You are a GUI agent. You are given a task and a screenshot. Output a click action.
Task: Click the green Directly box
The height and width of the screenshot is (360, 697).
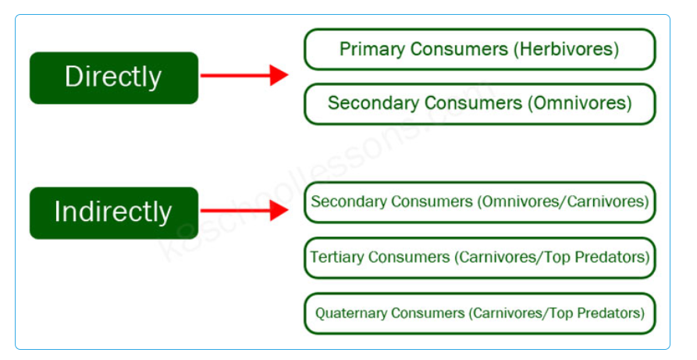[113, 77]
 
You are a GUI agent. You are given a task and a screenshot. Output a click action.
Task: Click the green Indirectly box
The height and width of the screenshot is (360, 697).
[113, 212]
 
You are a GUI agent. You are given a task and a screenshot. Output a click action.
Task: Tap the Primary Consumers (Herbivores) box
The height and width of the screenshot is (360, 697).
[479, 49]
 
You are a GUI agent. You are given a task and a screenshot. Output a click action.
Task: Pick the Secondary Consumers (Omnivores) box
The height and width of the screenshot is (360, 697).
[479, 103]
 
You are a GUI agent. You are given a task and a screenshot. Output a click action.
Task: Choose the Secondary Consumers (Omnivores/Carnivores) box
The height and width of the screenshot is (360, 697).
[479, 201]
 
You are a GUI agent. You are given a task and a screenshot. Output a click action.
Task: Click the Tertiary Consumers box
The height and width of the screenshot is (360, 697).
[479, 257]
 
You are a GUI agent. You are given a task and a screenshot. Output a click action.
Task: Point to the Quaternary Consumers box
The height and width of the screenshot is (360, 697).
[479, 313]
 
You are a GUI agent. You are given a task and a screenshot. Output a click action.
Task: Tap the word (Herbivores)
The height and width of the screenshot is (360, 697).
[566, 49]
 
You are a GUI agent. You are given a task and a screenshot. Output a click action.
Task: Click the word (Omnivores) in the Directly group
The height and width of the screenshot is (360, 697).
[579, 103]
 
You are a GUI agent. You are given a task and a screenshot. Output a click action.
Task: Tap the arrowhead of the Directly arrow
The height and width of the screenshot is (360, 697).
[279, 75]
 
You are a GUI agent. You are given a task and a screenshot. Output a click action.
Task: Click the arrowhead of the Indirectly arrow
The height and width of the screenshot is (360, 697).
[279, 210]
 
